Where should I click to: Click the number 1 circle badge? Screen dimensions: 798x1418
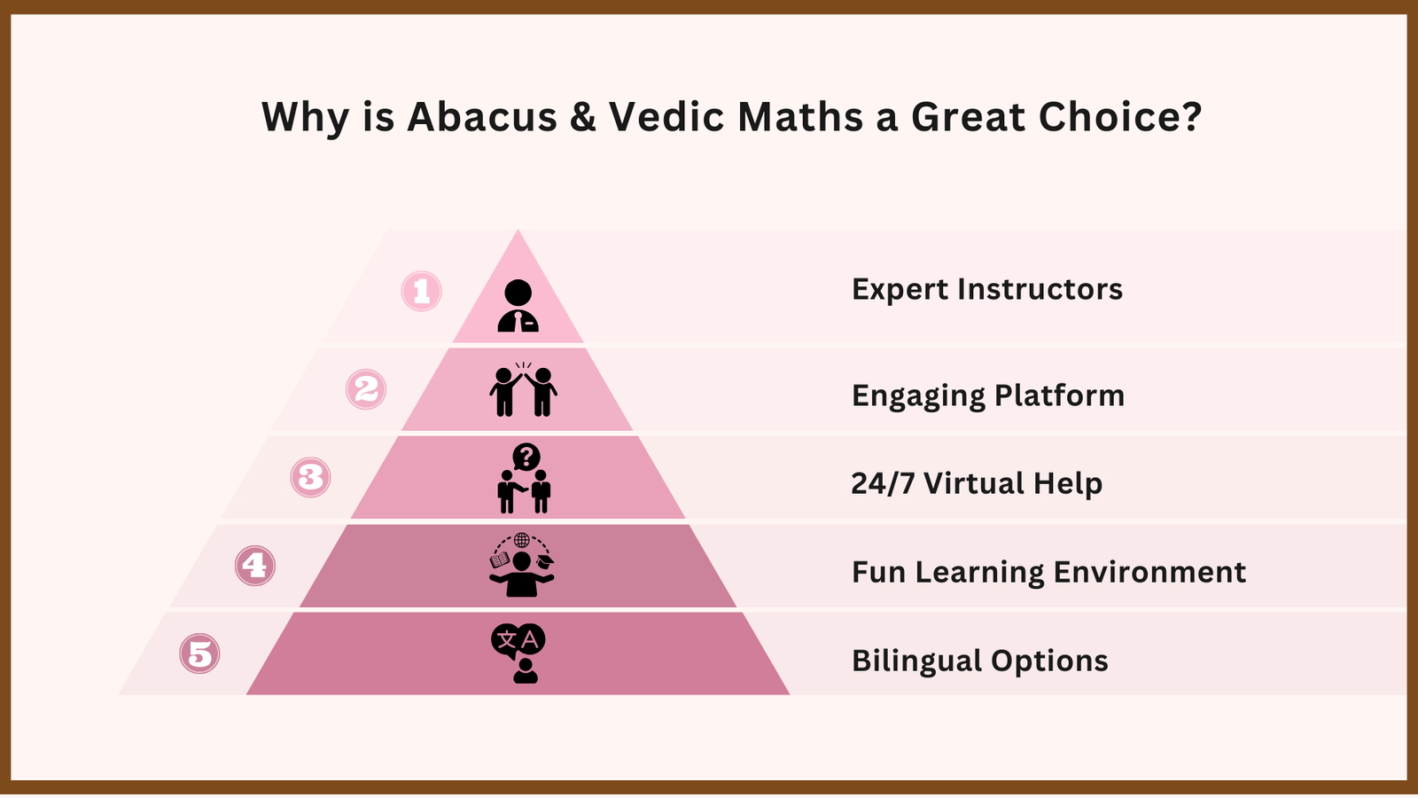click(x=422, y=291)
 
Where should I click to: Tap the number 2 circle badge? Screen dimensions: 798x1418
click(x=366, y=389)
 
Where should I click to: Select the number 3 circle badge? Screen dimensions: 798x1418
click(x=310, y=477)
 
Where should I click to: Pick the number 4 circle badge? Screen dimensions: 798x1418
click(x=255, y=566)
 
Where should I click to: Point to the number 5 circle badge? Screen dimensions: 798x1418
click(x=199, y=654)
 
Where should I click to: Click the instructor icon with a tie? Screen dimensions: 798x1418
click(x=518, y=307)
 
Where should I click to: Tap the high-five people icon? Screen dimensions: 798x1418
click(x=523, y=390)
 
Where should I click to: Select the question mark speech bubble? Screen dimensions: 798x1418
click(x=526, y=457)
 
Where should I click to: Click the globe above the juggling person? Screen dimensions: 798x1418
click(x=522, y=540)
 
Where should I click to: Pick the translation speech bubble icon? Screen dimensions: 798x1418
click(x=518, y=641)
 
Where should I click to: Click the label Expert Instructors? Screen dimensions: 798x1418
click(x=986, y=290)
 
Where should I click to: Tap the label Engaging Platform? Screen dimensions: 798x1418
click(x=987, y=395)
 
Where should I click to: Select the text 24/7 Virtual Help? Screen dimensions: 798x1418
click(x=977, y=483)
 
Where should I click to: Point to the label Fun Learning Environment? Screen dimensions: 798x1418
click(x=1048, y=572)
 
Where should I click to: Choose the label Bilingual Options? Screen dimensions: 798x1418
click(x=979, y=661)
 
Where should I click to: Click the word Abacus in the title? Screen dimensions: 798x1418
click(x=482, y=117)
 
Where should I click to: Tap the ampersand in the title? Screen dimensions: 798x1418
click(x=583, y=117)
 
